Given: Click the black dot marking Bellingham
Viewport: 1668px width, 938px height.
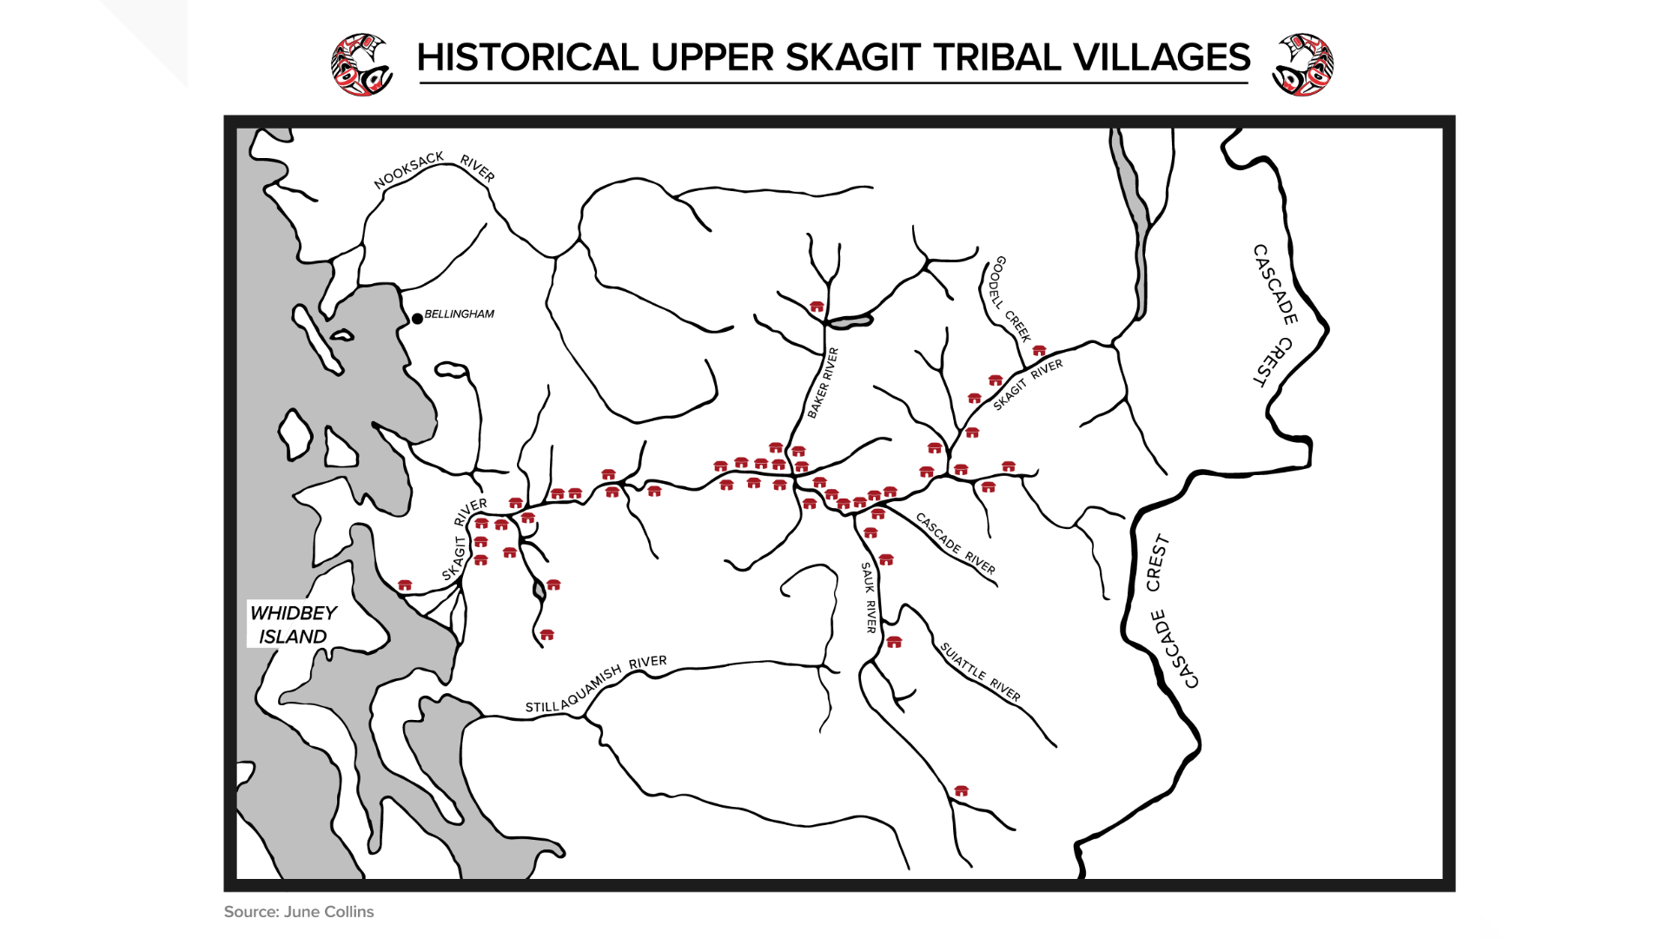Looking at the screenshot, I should tap(417, 319).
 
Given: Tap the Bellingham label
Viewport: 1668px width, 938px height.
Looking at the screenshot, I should tap(459, 314).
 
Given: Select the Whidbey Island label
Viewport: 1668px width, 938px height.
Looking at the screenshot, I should tap(293, 624).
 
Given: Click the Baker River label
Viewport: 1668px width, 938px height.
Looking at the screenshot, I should tap(823, 383).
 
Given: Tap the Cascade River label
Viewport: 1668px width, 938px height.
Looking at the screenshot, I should tap(956, 544).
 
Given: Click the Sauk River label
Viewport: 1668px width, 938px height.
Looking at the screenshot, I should tap(869, 597).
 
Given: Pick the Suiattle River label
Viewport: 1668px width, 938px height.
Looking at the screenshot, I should tap(980, 671).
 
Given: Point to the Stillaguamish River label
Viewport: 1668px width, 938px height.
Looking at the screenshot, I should tap(596, 684).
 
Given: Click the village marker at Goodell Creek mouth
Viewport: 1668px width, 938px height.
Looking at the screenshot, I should tap(1039, 351).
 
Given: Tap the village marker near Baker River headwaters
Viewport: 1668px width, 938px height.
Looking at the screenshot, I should tap(817, 307).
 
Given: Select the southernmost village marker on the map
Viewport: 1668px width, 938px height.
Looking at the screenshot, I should tap(961, 790).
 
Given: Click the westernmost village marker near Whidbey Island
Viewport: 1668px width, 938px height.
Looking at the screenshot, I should tap(405, 585).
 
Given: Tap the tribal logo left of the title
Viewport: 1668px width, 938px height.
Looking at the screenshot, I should tap(362, 64).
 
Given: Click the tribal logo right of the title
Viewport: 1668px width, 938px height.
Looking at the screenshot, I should tap(1302, 64).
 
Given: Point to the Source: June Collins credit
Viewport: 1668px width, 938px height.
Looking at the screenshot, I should tap(299, 912).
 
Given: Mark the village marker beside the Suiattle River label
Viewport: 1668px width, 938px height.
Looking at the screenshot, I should tap(894, 642).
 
